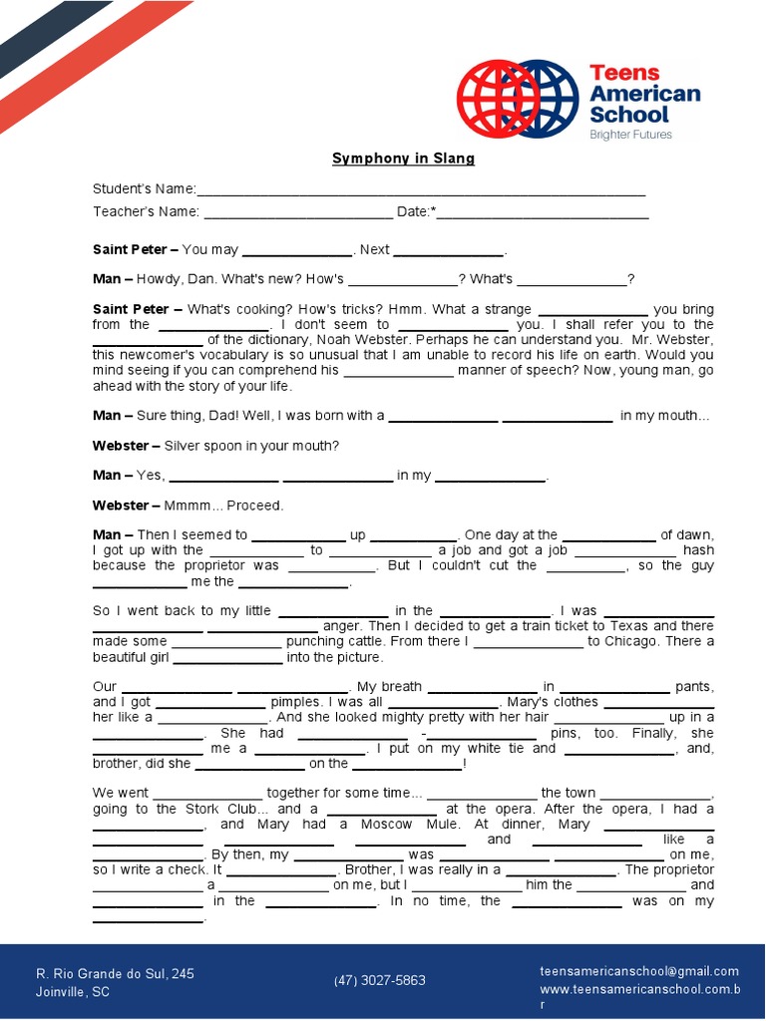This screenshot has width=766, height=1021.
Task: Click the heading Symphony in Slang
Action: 403,159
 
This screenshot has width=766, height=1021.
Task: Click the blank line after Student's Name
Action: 421,190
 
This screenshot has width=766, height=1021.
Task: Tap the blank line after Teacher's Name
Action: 298,212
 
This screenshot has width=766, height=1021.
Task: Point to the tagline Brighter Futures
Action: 630,135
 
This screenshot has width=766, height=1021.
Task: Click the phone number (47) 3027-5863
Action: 379,980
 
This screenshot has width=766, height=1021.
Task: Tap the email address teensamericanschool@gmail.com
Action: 639,971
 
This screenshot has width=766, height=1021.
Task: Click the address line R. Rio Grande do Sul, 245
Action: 115,973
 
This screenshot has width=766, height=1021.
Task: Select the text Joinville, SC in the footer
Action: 73,992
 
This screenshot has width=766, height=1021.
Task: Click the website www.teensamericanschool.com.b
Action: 639,990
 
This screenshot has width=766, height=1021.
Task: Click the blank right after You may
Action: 297,251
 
